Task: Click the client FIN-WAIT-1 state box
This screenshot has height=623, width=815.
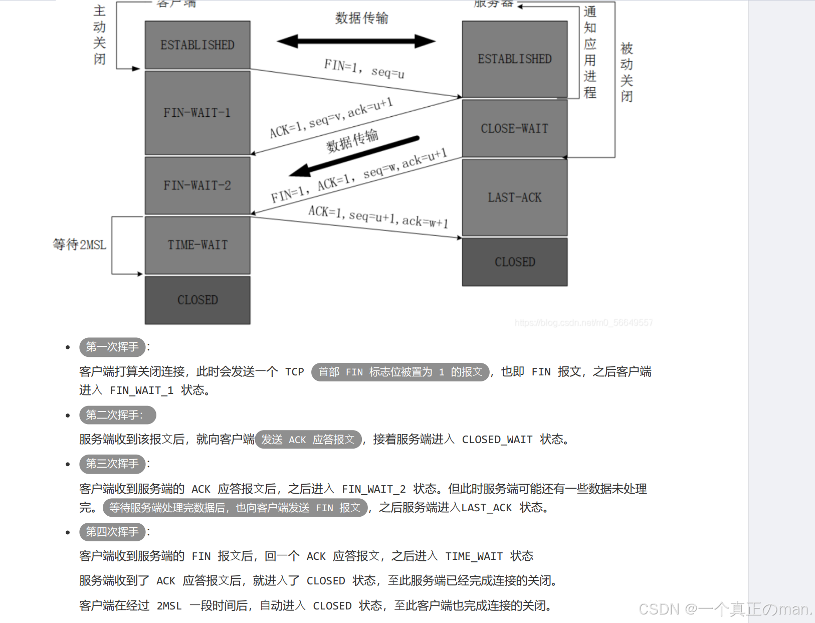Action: point(197,113)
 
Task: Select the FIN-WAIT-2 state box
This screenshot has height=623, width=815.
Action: point(197,185)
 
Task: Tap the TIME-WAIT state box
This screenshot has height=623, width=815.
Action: point(197,245)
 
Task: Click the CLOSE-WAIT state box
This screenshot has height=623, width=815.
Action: point(514,129)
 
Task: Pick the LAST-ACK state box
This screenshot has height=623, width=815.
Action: point(514,197)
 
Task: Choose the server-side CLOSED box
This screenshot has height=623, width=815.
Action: point(514,262)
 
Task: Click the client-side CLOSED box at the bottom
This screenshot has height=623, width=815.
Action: point(197,300)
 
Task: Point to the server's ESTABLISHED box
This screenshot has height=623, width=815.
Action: point(514,59)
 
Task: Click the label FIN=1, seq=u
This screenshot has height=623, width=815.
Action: point(364,69)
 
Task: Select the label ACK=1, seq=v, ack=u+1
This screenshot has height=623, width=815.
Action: point(331,118)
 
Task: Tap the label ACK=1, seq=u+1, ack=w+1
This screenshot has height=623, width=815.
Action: point(378,217)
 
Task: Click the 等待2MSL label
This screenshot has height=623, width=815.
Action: point(80,245)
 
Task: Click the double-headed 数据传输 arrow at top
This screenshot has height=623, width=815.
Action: point(356,41)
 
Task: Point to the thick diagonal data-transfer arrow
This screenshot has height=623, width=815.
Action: point(354,156)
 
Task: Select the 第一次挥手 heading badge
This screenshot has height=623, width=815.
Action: point(112,347)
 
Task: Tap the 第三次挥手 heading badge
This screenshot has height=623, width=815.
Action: point(112,464)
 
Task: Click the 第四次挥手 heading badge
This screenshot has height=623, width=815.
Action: point(112,531)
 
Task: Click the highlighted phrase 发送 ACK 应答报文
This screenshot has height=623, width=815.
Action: point(308,440)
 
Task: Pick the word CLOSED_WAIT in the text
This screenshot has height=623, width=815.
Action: point(497,440)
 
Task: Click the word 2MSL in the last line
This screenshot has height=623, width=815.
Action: point(169,606)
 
